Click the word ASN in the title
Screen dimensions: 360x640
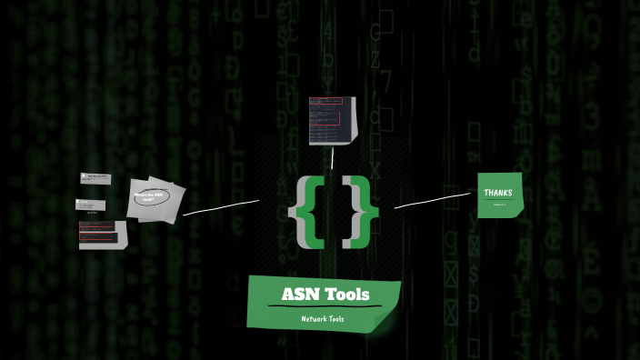pos(299,294)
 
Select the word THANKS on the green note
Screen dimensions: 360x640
pos(498,193)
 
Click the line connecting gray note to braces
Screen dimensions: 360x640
pos(221,207)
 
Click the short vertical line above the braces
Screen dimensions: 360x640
pos(334,159)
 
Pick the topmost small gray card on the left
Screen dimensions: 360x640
pos(95,178)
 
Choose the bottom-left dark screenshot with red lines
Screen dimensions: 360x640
pos(101,235)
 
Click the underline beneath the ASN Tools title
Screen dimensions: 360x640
pos(325,306)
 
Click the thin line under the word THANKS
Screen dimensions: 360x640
pos(498,199)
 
